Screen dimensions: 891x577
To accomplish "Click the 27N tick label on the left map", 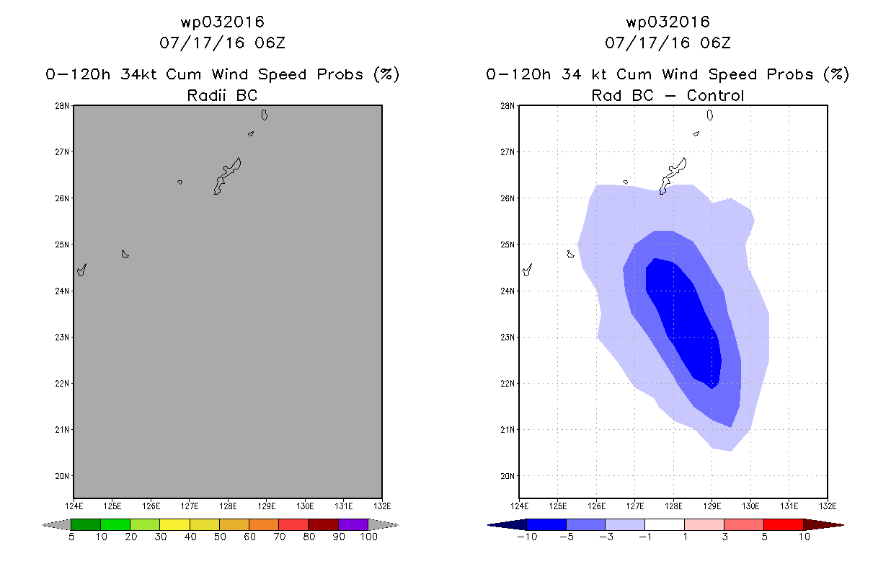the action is pos(62,152).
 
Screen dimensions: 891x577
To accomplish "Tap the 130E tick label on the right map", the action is pos(750,506).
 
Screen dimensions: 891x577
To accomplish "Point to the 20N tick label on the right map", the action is pos(507,476).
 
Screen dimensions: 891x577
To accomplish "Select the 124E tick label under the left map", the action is pos(74,506).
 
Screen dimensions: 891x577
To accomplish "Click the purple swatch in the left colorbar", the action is pos(353,524).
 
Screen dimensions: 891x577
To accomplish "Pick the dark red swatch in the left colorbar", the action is pos(323,524).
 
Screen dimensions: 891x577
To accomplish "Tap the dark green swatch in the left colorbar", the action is pos(86,524).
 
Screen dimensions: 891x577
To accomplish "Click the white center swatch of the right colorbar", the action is pos(664,524).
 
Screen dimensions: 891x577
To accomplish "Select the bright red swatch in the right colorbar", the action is pos(783,524).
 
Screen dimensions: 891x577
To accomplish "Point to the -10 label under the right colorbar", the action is pos(527,537).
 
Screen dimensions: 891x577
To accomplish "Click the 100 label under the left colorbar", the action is pos(368,537).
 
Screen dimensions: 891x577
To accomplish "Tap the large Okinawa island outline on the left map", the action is pos(227,175).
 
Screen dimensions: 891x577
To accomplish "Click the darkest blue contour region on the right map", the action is pos(684,318).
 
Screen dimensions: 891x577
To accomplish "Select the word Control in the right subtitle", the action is pos(715,95).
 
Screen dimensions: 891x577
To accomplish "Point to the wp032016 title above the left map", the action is pos(222,22).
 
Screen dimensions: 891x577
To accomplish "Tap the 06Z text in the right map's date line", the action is pos(715,43).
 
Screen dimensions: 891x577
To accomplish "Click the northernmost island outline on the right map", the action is pos(709,115).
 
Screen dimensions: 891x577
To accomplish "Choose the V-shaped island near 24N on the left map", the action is pos(81,270).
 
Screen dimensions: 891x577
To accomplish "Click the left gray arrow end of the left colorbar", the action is pos(56,525).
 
